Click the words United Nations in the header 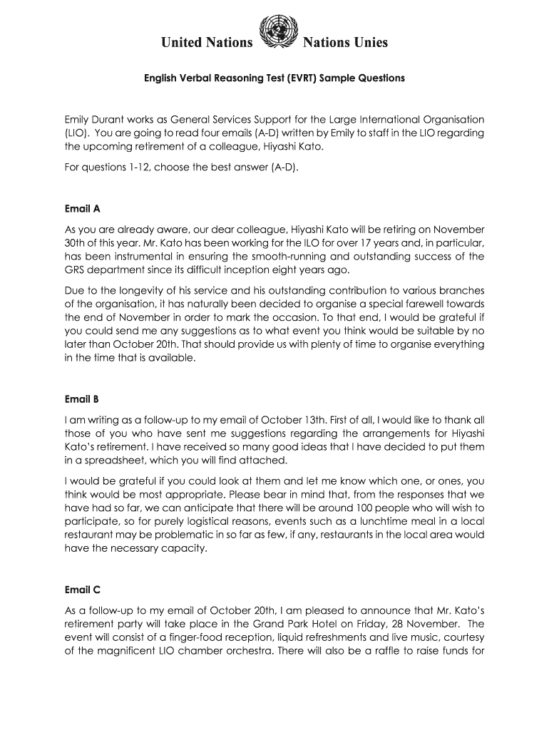coord(207,43)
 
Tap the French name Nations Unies coord(345,43)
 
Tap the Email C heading coord(83,590)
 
